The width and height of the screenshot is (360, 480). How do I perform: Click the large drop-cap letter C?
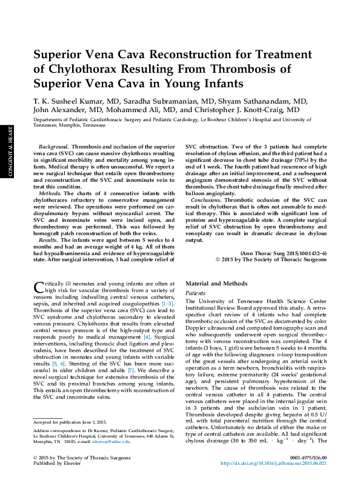click(x=38, y=287)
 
